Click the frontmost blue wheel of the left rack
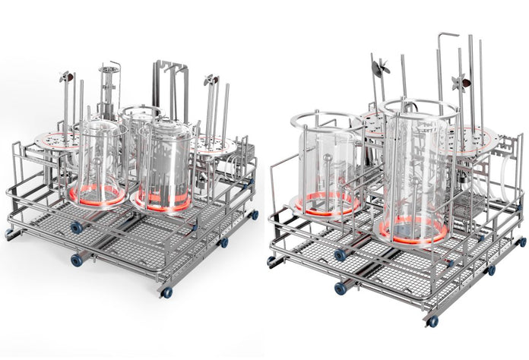pos(166,292)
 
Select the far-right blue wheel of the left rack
pos(254,215)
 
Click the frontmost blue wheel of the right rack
pos(432,322)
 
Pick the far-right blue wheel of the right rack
pos(521,242)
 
